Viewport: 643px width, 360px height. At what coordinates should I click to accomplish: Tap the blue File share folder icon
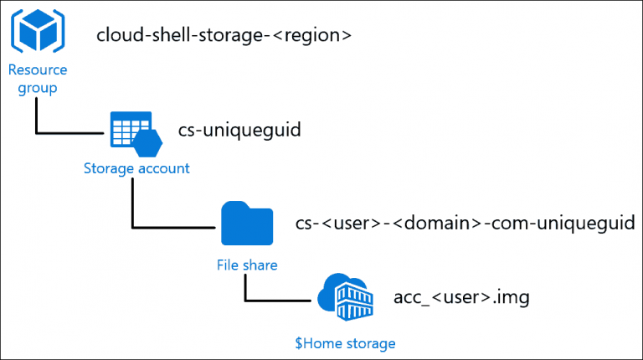point(246,224)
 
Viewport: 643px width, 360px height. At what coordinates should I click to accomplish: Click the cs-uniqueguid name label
point(239,131)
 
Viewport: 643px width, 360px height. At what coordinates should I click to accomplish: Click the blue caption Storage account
point(136,168)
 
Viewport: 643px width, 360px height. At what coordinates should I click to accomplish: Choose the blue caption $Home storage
point(344,342)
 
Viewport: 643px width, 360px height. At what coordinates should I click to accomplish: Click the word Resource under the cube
point(39,69)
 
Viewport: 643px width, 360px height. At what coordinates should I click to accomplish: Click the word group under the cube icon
point(38,88)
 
